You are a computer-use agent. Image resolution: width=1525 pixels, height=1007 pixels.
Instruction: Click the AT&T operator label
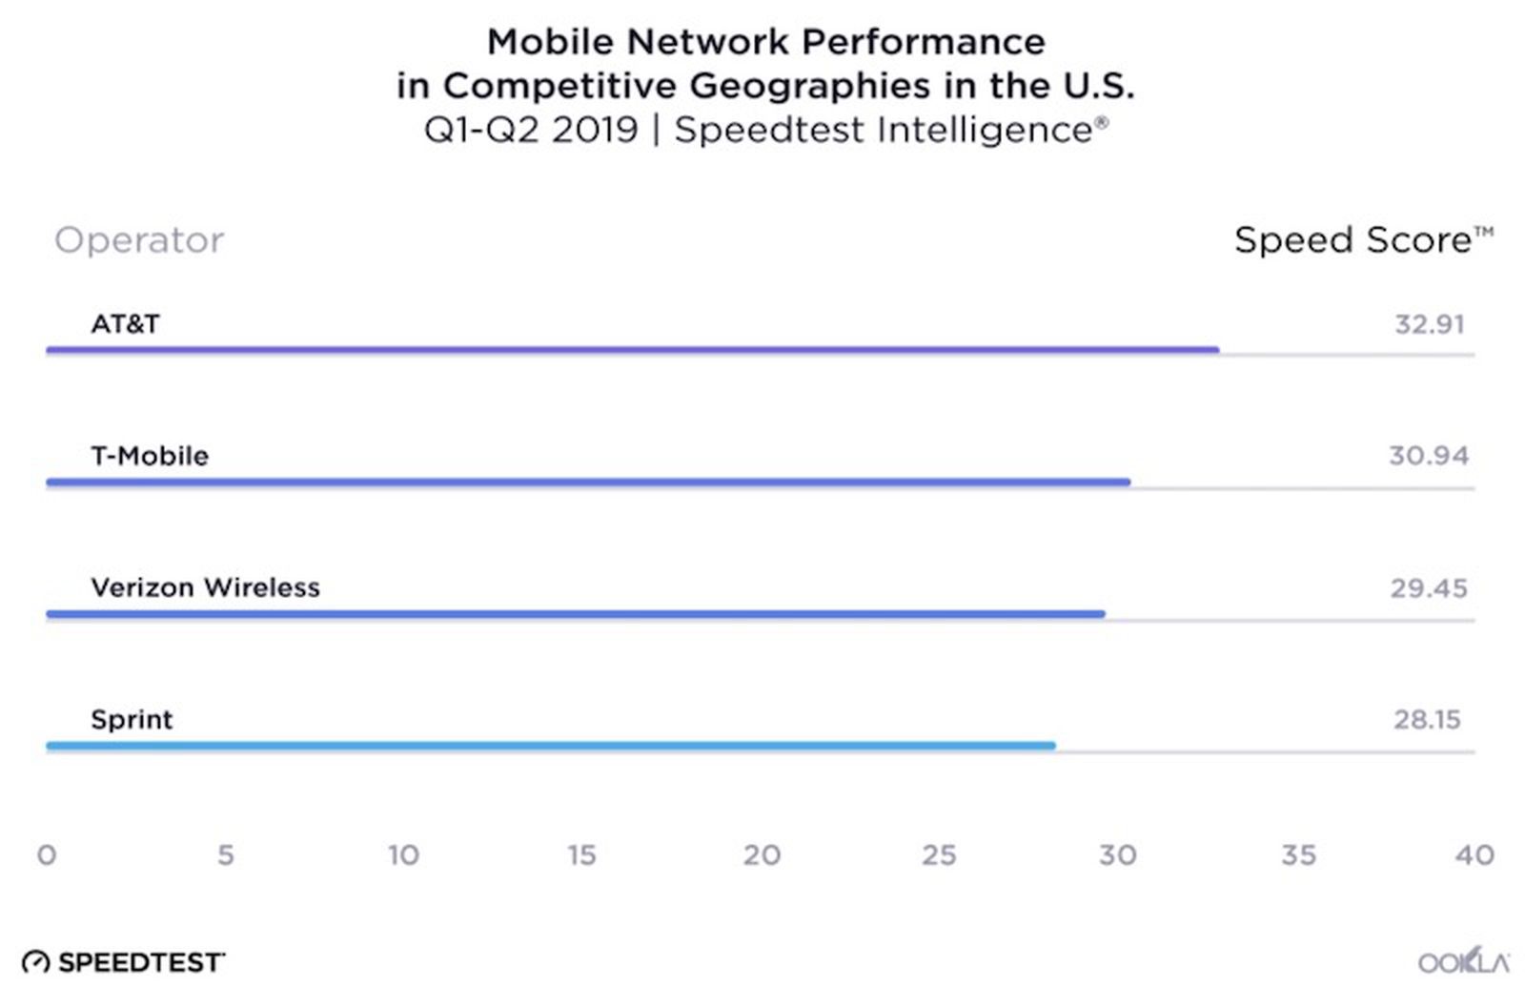click(125, 324)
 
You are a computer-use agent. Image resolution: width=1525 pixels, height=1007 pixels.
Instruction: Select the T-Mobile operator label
click(150, 456)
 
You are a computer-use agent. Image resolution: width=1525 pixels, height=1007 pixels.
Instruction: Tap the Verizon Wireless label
click(205, 587)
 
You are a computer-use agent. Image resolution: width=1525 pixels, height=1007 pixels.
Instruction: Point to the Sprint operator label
click(132, 719)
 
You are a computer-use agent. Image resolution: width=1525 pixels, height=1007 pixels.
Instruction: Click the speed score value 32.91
click(1429, 324)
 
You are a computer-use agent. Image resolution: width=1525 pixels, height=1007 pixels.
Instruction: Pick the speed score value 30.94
click(1428, 456)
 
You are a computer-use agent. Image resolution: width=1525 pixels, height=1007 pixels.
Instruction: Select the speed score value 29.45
click(1428, 587)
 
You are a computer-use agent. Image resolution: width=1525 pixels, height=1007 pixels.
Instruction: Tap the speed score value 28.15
click(1426, 719)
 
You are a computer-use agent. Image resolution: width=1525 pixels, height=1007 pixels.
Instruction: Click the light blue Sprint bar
click(550, 746)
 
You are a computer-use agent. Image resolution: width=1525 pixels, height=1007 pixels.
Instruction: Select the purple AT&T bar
click(632, 350)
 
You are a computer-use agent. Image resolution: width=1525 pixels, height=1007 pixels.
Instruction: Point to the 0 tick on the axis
click(47, 854)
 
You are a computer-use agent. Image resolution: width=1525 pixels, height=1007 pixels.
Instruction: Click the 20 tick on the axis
click(762, 854)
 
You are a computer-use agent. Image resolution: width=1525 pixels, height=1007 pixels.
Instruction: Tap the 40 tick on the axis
click(1474, 854)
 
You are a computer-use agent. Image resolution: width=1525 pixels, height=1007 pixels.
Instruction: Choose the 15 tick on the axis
click(581, 854)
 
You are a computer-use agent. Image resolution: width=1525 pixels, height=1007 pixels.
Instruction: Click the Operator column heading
click(139, 240)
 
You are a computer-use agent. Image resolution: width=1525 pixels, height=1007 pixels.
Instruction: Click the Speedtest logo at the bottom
click(123, 962)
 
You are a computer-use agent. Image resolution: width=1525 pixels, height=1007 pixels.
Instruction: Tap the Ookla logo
click(1463, 961)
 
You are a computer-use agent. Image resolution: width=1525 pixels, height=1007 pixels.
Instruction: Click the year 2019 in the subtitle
click(594, 130)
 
